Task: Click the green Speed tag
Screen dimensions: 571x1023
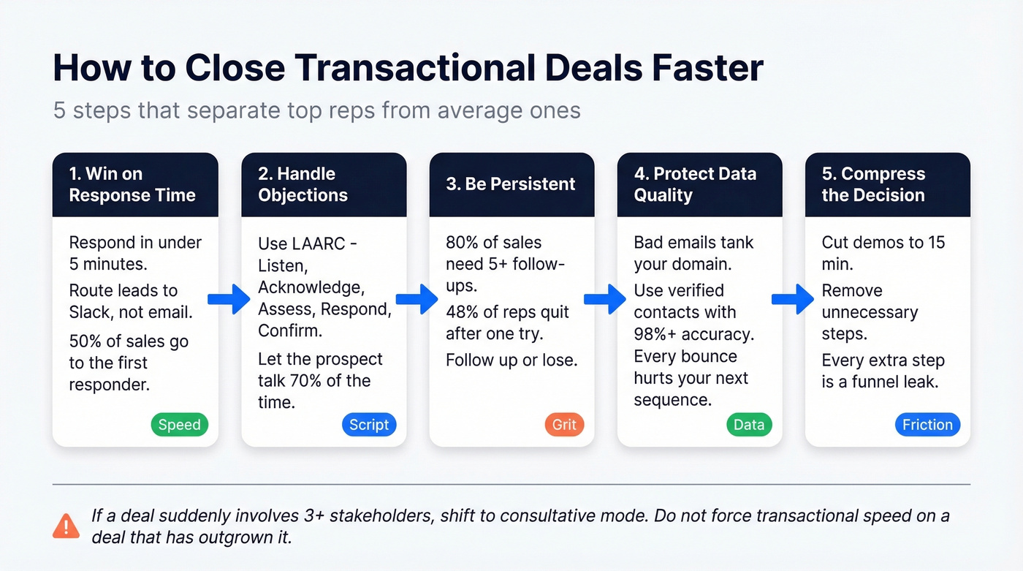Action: [x=180, y=425]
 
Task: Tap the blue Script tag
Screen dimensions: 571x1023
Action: [x=369, y=425]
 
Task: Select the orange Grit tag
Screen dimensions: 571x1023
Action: [x=564, y=425]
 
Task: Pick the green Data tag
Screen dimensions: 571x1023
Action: [x=749, y=425]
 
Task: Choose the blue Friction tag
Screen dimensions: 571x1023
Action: [x=927, y=425]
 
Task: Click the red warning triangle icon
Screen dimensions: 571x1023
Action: [x=66, y=525]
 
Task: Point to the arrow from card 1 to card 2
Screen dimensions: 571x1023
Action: [x=229, y=299]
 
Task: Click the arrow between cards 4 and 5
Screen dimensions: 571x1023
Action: [x=793, y=299]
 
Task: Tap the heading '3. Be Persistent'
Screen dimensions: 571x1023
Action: [x=511, y=184]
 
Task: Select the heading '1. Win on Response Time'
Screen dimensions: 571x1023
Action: [x=132, y=184]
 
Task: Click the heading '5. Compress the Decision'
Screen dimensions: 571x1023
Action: [x=873, y=184]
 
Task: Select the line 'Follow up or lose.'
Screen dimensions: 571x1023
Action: [x=512, y=360]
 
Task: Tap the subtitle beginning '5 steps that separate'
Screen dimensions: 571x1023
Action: [x=317, y=110]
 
